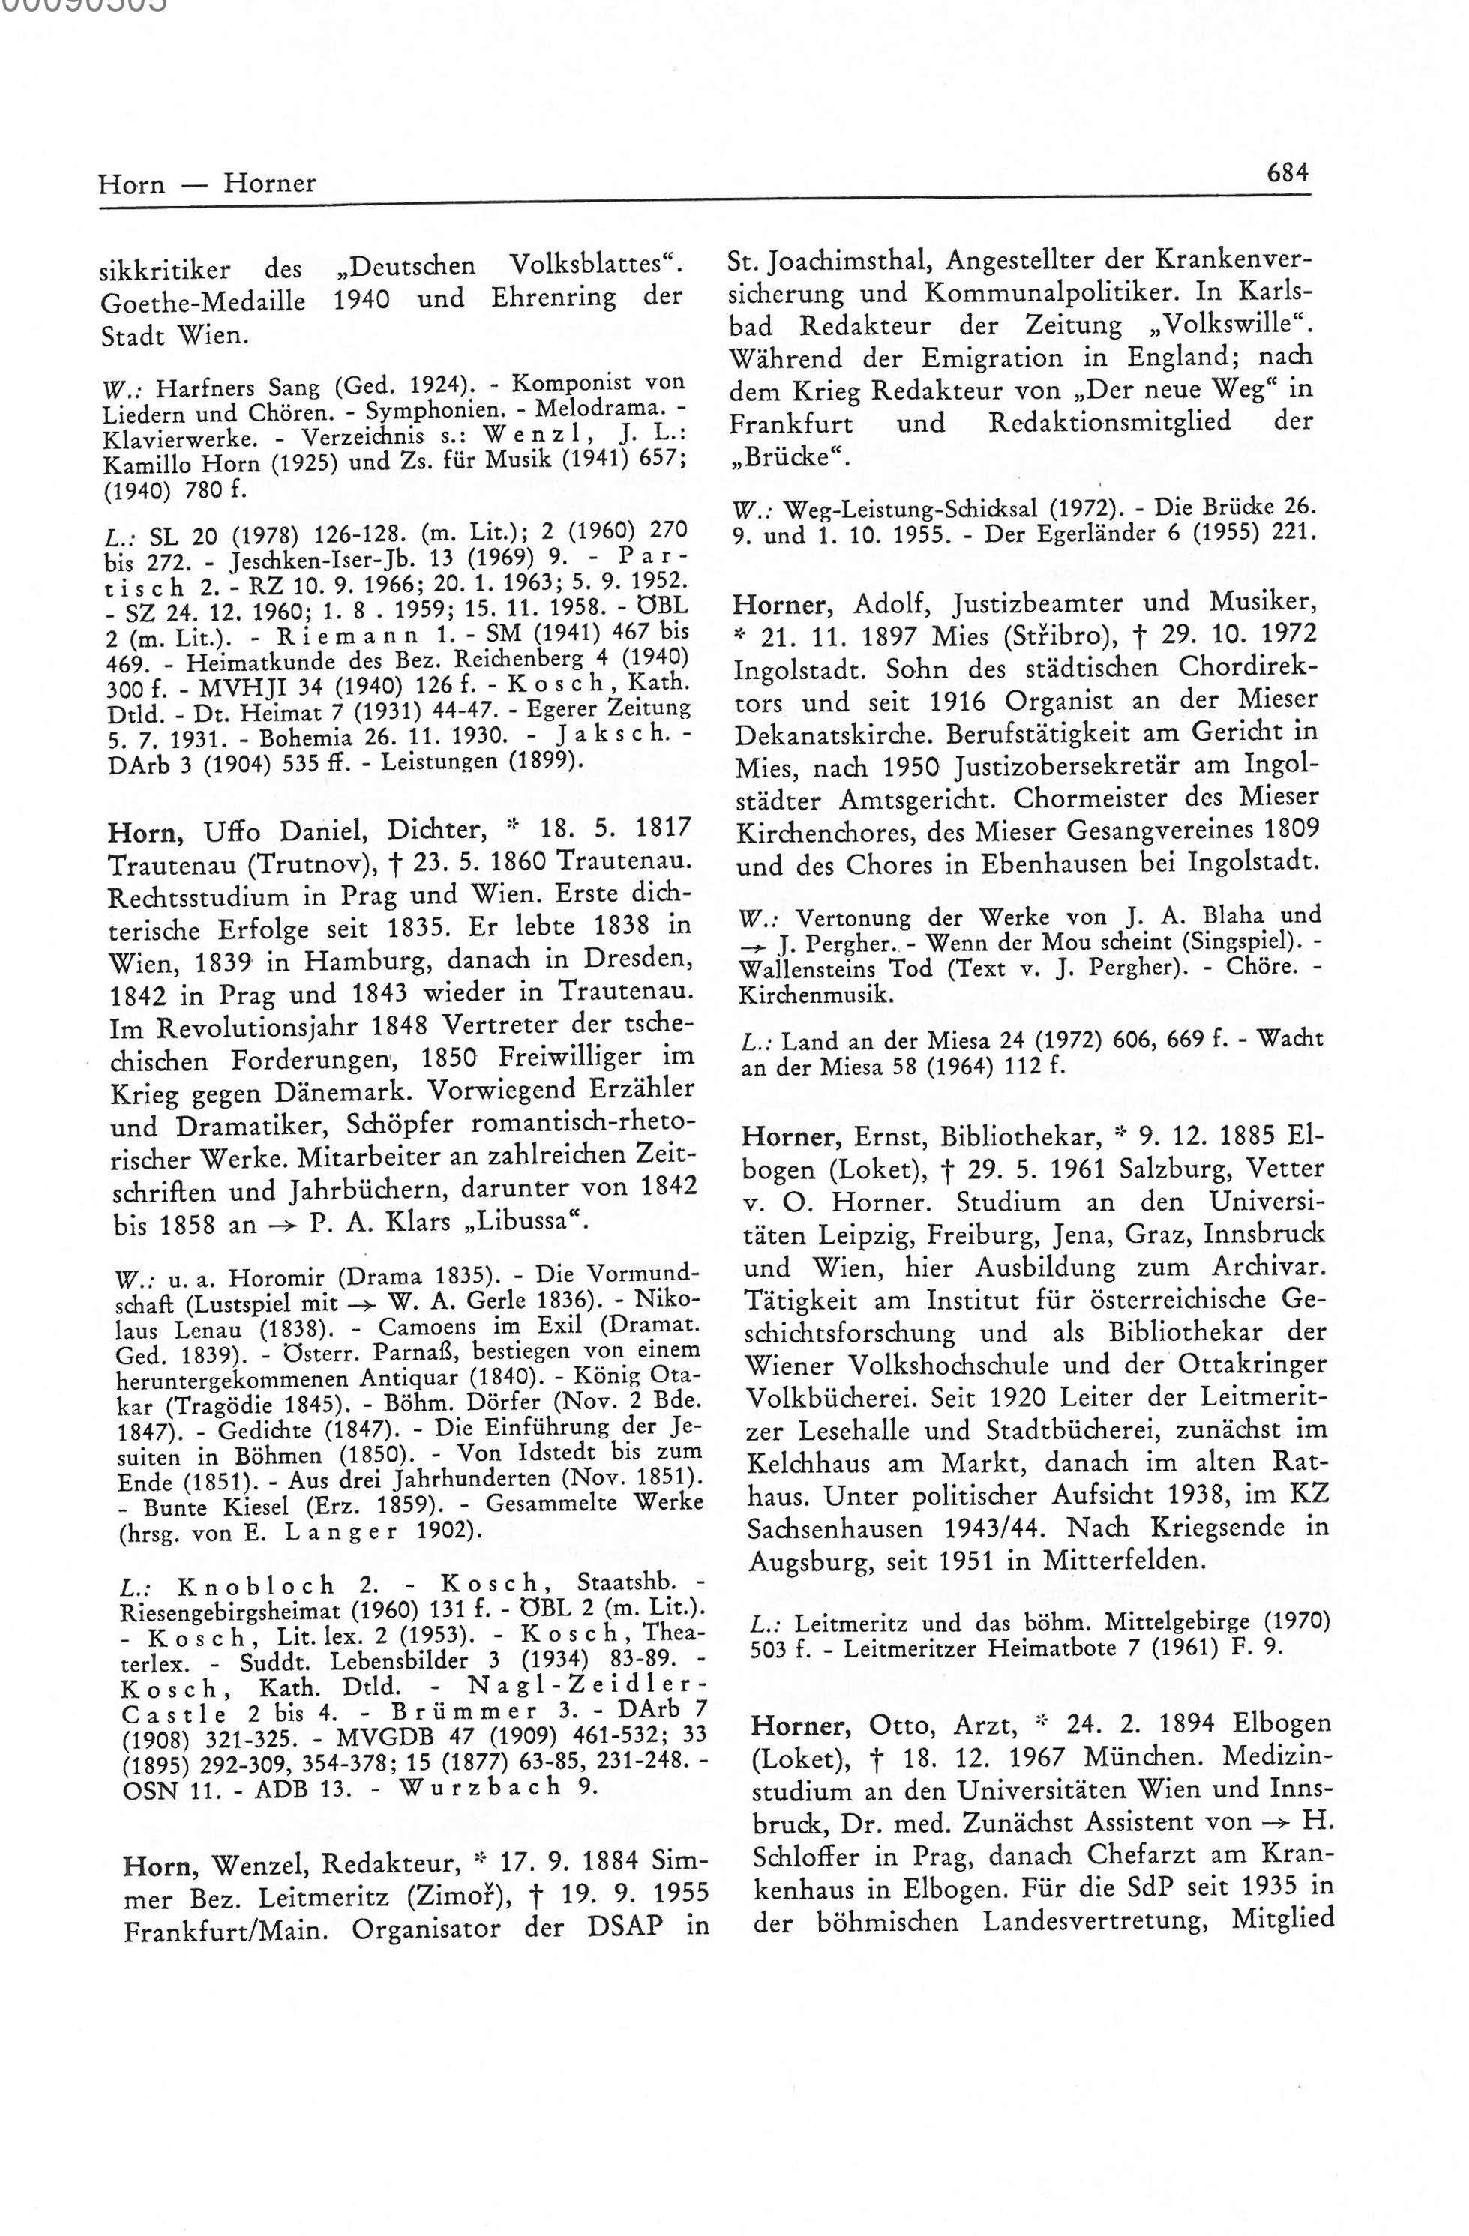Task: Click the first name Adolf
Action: [883, 601]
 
